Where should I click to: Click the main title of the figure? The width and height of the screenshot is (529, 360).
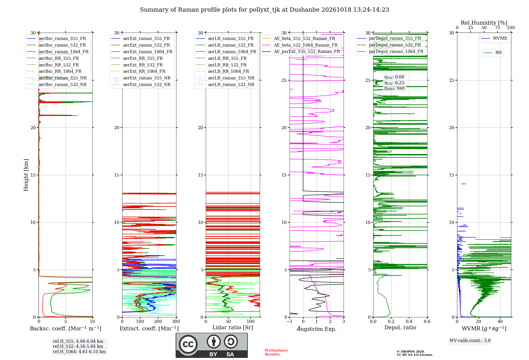click(264, 10)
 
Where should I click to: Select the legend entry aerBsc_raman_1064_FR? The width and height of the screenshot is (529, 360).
click(58, 52)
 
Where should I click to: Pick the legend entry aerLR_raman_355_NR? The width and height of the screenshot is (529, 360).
click(225, 78)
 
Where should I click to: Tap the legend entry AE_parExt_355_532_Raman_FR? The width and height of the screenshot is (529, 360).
click(301, 51)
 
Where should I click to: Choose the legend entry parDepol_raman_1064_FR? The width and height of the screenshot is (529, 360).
click(390, 51)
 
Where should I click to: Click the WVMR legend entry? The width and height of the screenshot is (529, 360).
click(494, 38)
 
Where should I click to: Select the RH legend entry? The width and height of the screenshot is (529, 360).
click(492, 53)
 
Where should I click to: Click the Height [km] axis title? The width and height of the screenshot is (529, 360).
click(26, 175)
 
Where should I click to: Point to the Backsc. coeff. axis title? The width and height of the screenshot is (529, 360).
click(66, 328)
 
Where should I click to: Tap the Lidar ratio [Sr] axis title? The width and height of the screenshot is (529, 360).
click(233, 327)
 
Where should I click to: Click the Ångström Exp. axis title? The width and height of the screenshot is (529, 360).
click(317, 329)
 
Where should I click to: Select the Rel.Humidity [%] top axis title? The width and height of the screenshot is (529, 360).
click(484, 23)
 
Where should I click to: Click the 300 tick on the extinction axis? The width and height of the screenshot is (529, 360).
click(176, 321)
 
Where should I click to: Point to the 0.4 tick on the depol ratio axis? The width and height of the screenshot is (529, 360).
click(409, 321)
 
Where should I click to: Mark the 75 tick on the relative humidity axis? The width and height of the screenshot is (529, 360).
click(498, 28)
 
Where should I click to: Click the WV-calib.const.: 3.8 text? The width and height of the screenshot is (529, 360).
click(470, 341)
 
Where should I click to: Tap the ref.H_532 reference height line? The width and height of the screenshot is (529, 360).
click(78, 346)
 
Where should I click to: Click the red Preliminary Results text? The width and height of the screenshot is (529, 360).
click(276, 352)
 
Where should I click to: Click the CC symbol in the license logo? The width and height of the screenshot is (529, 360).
click(188, 344)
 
